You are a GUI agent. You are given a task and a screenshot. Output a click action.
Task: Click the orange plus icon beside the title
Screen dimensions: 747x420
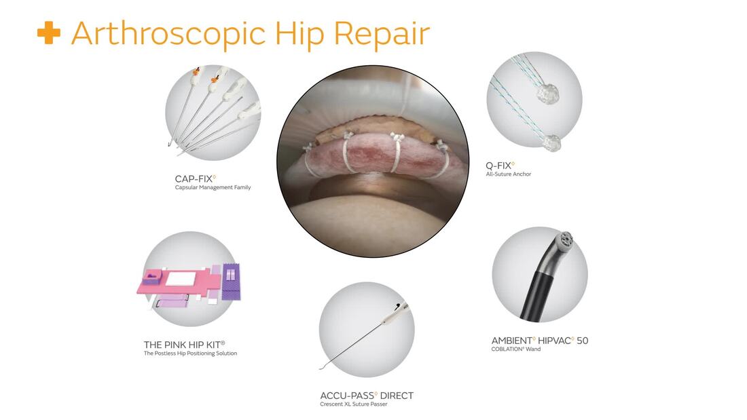(49, 33)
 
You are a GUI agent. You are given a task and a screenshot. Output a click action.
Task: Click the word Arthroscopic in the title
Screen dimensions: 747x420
(168, 34)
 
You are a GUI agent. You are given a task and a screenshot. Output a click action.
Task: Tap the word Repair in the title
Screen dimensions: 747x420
(382, 34)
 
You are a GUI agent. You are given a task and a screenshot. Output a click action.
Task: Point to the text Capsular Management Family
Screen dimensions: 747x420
(213, 188)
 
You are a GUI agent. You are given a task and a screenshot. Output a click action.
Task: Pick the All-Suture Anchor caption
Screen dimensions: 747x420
(509, 174)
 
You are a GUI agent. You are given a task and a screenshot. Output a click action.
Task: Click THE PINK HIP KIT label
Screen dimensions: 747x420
(184, 345)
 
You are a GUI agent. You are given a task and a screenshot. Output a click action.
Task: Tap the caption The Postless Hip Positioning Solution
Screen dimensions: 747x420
(190, 354)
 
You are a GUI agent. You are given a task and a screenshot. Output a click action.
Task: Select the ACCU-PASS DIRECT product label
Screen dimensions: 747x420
(367, 396)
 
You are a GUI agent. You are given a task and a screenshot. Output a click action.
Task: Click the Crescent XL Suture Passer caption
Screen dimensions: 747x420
(354, 404)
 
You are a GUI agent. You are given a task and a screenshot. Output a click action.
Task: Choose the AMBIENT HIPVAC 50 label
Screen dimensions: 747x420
(540, 341)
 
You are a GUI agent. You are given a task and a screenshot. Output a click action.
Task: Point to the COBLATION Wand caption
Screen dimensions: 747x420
(516, 349)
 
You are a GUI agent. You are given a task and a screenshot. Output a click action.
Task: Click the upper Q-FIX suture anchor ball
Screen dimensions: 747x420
(548, 94)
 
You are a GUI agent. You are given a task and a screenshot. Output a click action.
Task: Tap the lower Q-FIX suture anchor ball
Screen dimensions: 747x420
(551, 143)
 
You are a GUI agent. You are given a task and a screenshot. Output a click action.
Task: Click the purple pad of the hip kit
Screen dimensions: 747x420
(231, 282)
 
